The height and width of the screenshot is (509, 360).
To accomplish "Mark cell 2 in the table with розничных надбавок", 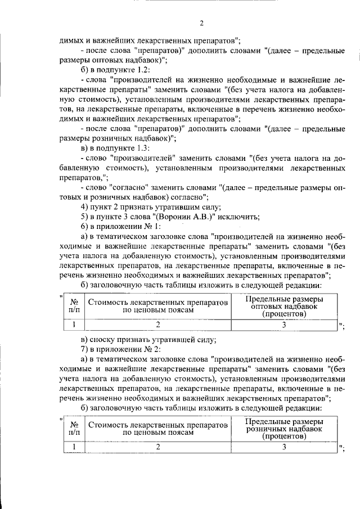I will click(158, 447).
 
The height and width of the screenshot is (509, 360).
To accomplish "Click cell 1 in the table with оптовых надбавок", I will click(74, 325).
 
